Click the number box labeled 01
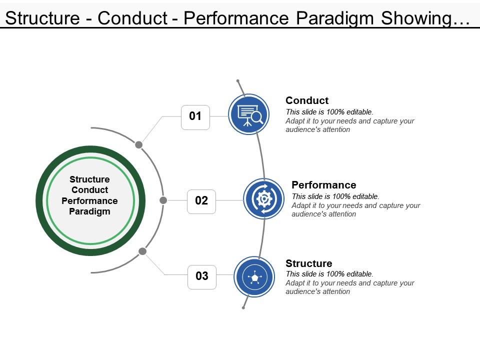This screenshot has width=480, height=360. pos(195,117)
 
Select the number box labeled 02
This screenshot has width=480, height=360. pos(201,201)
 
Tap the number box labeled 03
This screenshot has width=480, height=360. pos(202,276)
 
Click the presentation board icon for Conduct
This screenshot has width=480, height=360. pos(249,114)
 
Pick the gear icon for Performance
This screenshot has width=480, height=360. pos(264,199)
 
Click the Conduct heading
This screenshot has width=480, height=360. pos(307,100)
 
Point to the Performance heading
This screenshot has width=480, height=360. pos(323,185)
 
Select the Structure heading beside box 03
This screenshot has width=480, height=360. pos(308,263)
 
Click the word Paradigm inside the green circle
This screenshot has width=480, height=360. pos(89,211)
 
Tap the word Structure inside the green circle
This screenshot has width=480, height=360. pos(89,179)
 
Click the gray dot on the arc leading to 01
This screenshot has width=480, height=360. pos(139,145)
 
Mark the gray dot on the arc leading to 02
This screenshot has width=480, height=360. pos(163,200)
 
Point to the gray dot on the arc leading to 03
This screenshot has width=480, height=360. pos(142,251)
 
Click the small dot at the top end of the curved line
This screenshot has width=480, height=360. pos(238,81)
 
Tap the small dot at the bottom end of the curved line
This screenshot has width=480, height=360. pos(243,307)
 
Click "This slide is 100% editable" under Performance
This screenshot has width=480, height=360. pos(335,196)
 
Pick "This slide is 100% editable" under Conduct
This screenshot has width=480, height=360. pos(329,112)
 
